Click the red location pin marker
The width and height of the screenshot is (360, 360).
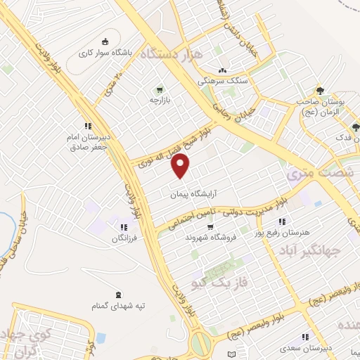pyautogui.click(x=181, y=167)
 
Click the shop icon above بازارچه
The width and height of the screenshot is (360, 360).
pyautogui.click(x=160, y=90)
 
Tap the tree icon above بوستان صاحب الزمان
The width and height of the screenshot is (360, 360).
pyautogui.click(x=320, y=90)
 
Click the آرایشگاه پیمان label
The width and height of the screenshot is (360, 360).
pyautogui.click(x=191, y=193)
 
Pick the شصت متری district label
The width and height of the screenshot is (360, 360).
pyautogui.click(x=314, y=172)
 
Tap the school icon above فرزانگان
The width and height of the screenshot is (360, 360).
pyautogui.click(x=124, y=227)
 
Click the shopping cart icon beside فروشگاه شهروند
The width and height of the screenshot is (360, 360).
pyautogui.click(x=210, y=226)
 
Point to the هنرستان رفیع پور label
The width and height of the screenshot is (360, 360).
pyautogui.click(x=283, y=233)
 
